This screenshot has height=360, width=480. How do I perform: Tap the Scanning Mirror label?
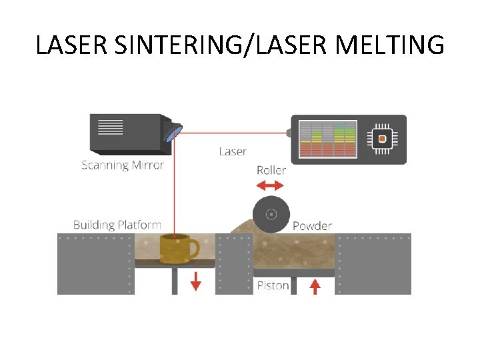pos(123,165)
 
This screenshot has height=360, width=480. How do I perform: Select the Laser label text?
pos(233,151)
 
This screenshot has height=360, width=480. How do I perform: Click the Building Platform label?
pos(117,225)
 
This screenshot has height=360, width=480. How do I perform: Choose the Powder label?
pos(312,225)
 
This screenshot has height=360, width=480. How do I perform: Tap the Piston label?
pos(273,285)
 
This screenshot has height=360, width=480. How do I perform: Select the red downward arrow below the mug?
pos(195,283)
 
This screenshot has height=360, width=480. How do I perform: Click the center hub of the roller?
pos(271,214)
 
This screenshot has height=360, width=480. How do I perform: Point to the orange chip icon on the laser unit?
pos(382,139)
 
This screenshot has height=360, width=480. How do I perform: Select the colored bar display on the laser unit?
pos(327,139)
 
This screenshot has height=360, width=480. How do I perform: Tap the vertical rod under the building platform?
pos(175,280)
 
